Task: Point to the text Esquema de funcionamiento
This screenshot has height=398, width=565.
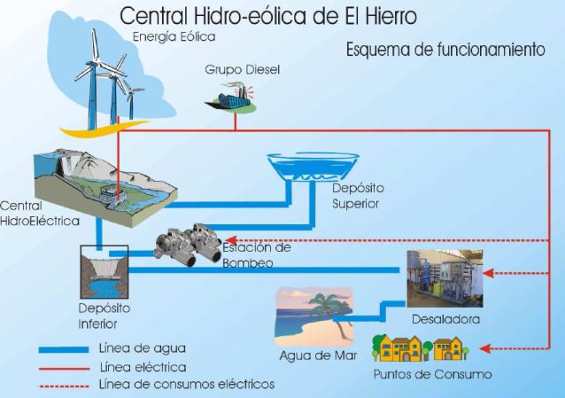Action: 445,50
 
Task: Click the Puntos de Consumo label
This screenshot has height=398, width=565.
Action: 432,375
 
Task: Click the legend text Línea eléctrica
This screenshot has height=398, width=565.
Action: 143,366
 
